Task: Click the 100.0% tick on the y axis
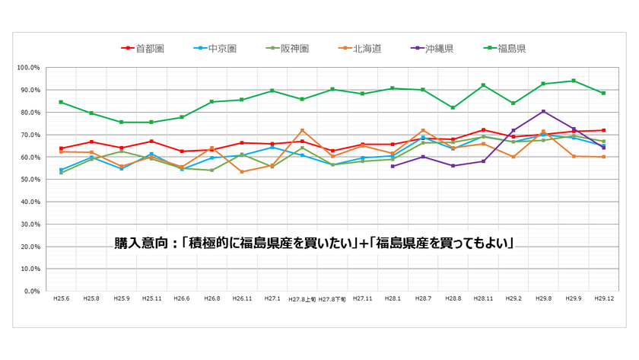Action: [28, 68]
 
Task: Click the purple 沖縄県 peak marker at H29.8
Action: [543, 111]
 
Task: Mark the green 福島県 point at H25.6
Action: [62, 102]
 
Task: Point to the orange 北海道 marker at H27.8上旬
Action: [302, 130]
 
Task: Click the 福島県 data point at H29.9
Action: [573, 81]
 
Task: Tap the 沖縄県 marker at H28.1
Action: [393, 166]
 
